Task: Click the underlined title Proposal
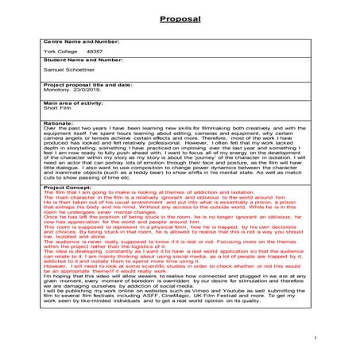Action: pos(180,17)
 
